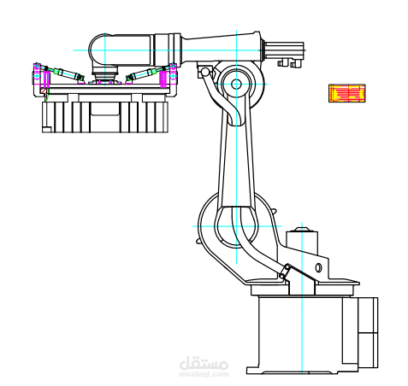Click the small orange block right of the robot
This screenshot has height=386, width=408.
(x=347, y=93)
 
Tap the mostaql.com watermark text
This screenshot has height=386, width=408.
(x=204, y=367)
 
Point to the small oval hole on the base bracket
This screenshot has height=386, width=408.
(x=318, y=268)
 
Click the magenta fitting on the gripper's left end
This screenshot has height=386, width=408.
(x=37, y=75)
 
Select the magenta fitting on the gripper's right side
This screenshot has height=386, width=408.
(x=166, y=77)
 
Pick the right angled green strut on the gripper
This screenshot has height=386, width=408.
(x=141, y=74)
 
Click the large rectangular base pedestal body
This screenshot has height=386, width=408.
(x=299, y=333)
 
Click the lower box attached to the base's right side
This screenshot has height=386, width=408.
(x=368, y=350)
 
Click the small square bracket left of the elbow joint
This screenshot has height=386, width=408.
(x=204, y=72)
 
